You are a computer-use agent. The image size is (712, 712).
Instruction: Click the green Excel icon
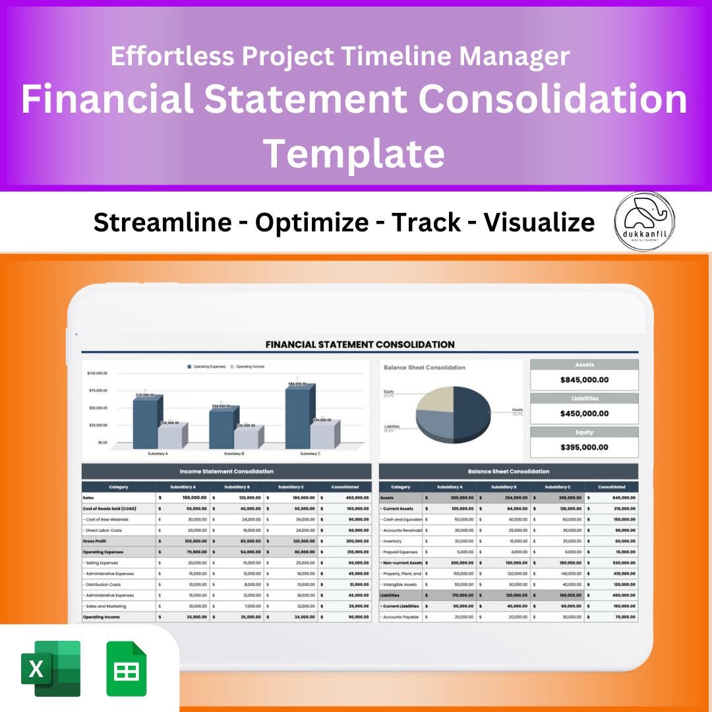(51, 668)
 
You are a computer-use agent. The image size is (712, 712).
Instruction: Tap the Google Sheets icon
(127, 668)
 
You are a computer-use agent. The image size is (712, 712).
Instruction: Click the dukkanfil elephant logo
(644, 221)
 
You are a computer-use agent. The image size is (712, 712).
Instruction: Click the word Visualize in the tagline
(539, 223)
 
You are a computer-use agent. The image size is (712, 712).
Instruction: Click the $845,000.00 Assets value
(584, 380)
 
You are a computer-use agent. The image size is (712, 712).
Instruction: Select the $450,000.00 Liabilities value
(584, 413)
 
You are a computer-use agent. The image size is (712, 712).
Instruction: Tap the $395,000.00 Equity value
(584, 447)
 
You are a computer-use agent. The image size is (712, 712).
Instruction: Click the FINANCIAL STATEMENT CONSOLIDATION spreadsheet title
(359, 344)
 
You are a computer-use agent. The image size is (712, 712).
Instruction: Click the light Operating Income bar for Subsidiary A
(169, 436)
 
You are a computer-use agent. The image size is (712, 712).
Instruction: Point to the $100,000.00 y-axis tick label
(97, 373)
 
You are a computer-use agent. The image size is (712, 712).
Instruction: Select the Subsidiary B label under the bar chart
(233, 454)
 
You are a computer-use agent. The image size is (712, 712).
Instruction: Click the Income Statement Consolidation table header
(226, 471)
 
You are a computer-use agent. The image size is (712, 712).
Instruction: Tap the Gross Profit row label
(95, 541)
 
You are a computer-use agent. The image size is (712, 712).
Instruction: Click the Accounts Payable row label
(400, 617)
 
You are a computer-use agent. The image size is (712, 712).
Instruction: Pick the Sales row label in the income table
(88, 498)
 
